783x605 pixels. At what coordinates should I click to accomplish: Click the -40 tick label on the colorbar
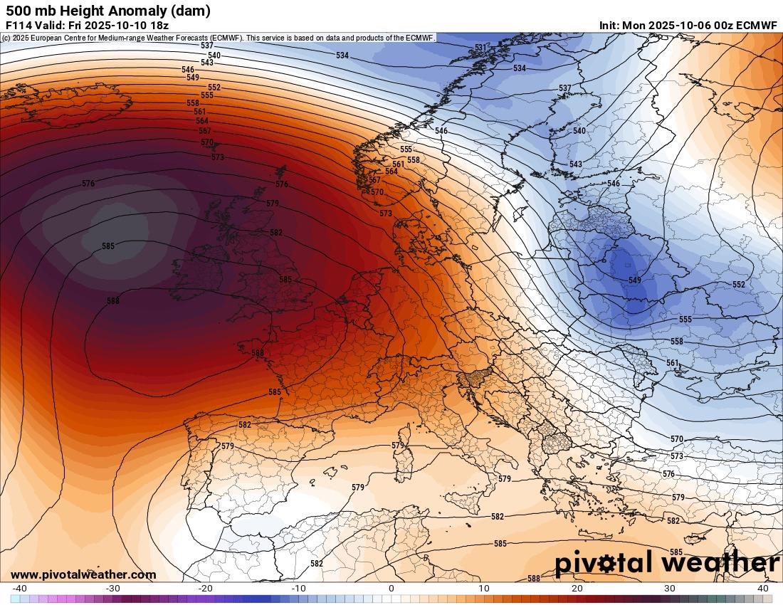pos(20,589)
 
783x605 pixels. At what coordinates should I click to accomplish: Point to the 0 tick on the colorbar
pos(391,589)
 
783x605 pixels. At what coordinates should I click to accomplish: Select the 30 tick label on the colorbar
pos(670,589)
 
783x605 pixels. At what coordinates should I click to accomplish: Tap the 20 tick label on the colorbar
pos(577,589)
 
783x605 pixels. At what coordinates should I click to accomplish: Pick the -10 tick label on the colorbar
pos(298,589)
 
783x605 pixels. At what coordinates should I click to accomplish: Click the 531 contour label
pos(482,48)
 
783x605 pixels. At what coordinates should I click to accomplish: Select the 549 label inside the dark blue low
pos(634,280)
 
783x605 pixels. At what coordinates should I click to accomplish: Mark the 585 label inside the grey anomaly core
pos(108,246)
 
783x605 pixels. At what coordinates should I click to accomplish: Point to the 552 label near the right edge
pos(739,285)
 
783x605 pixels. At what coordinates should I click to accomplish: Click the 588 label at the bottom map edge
pos(534,579)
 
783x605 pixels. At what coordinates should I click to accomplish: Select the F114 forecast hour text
pos(19,25)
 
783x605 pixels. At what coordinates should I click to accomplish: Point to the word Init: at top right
pos(609,25)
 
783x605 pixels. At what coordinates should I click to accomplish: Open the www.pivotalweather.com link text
pos(83,574)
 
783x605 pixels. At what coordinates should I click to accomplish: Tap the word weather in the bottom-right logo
pos(716,563)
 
